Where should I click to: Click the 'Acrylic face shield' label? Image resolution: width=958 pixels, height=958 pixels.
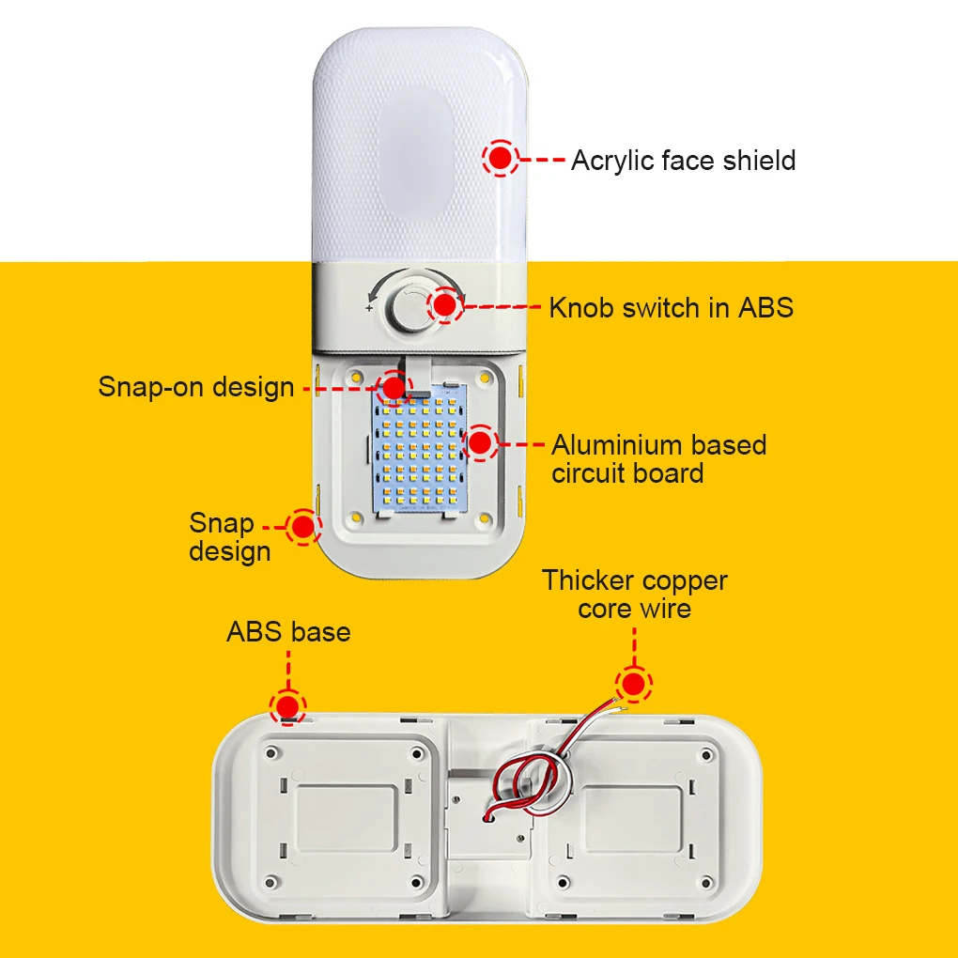tap(683, 161)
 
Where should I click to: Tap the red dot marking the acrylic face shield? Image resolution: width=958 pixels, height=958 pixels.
tap(501, 158)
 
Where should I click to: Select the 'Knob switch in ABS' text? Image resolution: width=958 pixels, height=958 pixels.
tap(671, 307)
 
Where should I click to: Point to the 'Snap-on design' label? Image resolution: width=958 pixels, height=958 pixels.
tap(196, 386)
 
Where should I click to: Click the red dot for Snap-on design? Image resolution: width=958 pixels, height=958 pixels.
tap(394, 385)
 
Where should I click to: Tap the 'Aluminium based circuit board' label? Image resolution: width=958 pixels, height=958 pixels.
tap(657, 458)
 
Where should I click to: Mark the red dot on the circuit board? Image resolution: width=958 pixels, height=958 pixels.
tap(480, 442)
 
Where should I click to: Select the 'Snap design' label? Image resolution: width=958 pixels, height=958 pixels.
tap(229, 537)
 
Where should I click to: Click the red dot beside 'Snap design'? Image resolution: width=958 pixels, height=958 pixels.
tap(302, 527)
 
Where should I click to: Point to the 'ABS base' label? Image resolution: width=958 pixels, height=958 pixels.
tap(288, 632)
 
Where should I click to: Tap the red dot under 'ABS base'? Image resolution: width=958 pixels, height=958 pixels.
tap(287, 705)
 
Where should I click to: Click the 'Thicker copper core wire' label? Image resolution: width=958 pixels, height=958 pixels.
tap(635, 595)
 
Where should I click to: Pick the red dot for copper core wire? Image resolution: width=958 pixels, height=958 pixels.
tap(634, 684)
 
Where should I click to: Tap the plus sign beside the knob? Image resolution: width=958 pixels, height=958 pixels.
tap(369, 308)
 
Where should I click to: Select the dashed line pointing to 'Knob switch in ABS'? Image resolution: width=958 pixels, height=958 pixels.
tap(503, 307)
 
